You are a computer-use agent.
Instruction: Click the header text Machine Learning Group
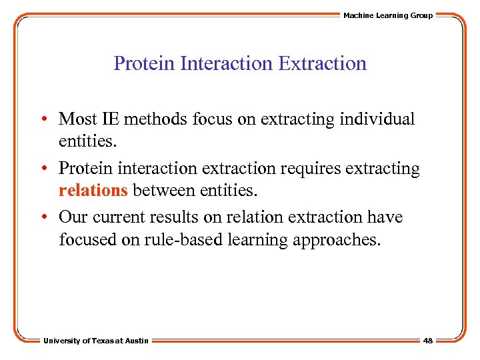coord(387,15)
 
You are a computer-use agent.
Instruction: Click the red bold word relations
coord(93,191)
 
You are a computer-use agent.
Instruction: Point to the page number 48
coord(427,341)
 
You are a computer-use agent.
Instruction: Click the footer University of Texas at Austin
coord(96,341)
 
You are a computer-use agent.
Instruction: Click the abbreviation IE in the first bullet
coord(109,119)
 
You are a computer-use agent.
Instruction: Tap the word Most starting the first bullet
coord(77,119)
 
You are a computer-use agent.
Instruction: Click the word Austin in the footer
coord(137,341)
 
